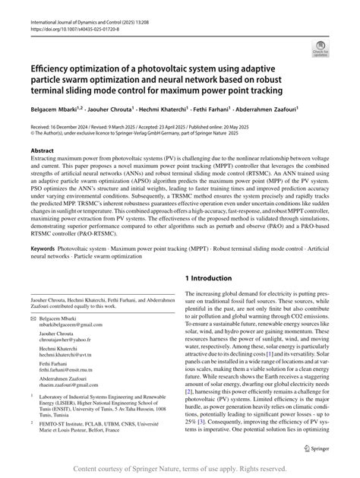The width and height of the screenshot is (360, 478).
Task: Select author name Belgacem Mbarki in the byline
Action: [55, 109]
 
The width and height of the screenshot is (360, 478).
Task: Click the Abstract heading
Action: [42, 151]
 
